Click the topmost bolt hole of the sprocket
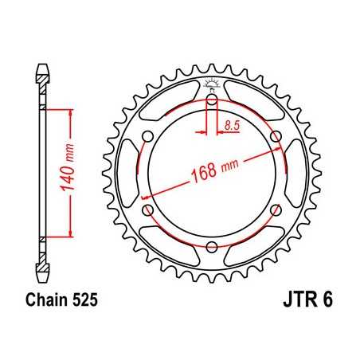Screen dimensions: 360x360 [212, 100]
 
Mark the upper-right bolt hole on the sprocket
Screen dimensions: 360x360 [276, 136]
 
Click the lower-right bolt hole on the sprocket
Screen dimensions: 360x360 [276, 209]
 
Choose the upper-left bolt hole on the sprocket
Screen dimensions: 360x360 [148, 136]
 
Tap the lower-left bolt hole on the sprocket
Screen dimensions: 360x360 [148, 209]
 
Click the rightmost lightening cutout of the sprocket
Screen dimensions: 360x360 [295, 173]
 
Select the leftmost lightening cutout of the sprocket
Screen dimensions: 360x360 [128, 173]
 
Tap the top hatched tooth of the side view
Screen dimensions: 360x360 [41, 77]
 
